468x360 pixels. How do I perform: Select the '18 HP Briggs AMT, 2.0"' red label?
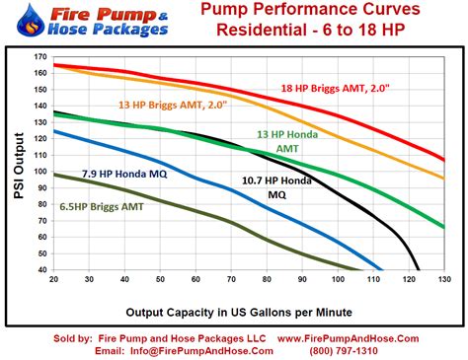point(336,88)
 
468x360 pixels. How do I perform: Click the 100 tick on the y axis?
point(39,172)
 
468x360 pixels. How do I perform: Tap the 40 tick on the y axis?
point(40,269)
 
